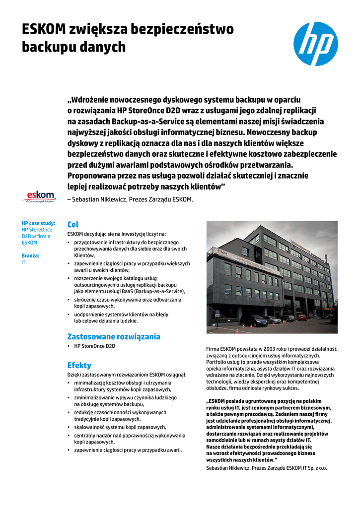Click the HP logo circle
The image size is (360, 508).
tap(315, 44)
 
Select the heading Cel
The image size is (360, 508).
tap(72, 225)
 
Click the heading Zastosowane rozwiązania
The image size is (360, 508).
tap(114, 336)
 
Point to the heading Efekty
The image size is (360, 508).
tap(79, 365)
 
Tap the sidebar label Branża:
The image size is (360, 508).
tap(30, 255)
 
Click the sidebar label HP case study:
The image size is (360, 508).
tap(38, 223)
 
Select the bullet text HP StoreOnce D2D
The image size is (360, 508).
tap(94, 346)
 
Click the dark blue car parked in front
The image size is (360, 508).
tap(254, 320)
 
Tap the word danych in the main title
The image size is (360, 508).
tap(103, 47)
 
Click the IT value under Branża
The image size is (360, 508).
tap(24, 262)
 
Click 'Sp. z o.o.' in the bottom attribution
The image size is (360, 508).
tap(316, 467)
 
